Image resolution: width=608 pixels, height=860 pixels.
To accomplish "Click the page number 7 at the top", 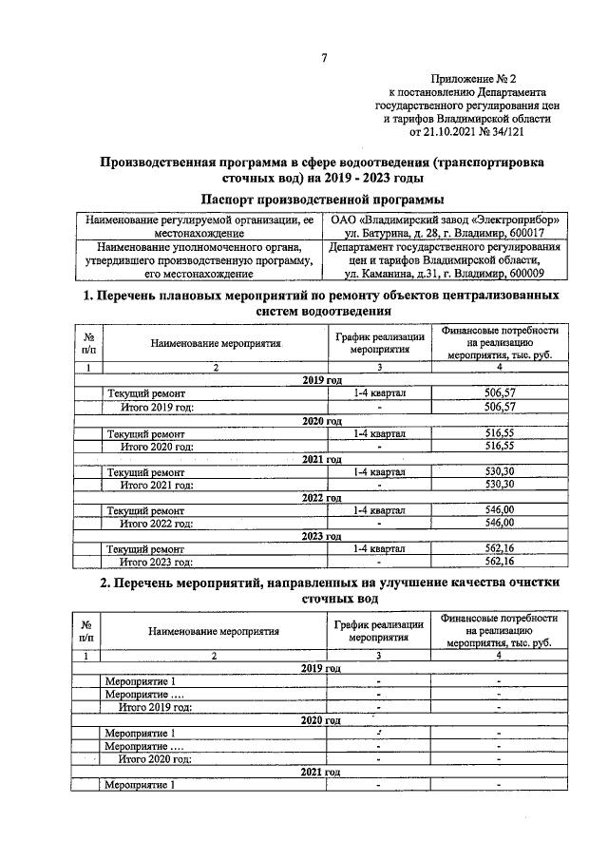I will click(x=325, y=59).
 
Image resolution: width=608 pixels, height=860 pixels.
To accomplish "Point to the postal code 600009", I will click(x=538, y=274).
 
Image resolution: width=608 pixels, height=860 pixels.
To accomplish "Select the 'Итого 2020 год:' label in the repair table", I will click(x=157, y=446).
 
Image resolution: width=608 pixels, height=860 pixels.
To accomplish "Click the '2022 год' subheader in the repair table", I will click(x=322, y=498).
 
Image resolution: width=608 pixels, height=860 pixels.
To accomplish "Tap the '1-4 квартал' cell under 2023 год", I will click(x=378, y=548).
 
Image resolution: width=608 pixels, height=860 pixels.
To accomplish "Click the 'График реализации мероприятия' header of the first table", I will click(x=378, y=342).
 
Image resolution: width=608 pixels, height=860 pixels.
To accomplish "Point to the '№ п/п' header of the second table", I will click(x=87, y=631).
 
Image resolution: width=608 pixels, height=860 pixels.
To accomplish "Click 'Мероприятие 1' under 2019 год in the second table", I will click(x=141, y=681).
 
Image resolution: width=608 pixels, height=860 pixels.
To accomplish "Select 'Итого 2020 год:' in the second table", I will click(x=157, y=758).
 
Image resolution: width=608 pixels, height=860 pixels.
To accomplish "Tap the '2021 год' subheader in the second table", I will click(x=322, y=772).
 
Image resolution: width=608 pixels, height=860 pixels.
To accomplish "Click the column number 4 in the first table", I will click(x=498, y=366).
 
